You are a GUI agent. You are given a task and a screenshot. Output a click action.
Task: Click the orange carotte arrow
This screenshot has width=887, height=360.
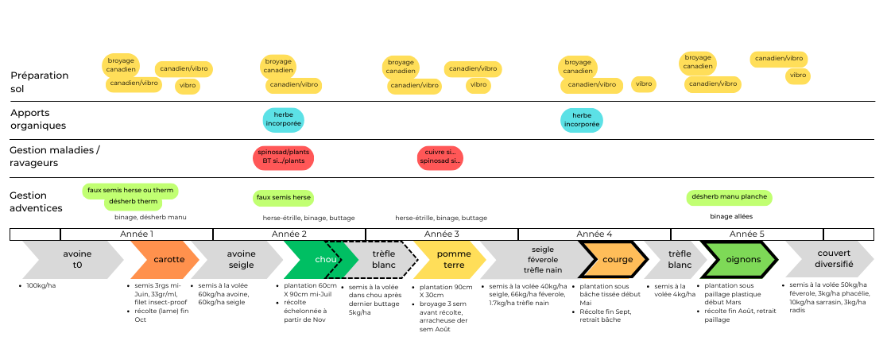click(x=165, y=260)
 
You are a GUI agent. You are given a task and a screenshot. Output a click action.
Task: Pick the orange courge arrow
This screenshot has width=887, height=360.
click(x=614, y=260)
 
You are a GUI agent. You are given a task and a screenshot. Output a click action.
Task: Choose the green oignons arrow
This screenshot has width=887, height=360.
click(x=740, y=260)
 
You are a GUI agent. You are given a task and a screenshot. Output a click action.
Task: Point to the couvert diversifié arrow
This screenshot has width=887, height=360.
click(x=831, y=260)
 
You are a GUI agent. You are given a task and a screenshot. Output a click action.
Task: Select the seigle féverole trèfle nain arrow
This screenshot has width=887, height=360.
click(x=539, y=260)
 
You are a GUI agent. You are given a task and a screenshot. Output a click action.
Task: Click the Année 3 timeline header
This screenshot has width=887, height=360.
click(x=442, y=234)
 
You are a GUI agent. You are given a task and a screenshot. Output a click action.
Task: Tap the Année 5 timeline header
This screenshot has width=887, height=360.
click(x=746, y=234)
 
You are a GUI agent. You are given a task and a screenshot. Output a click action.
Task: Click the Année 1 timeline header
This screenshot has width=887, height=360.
click(x=137, y=234)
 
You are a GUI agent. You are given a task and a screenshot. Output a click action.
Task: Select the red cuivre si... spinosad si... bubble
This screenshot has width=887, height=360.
click(x=440, y=157)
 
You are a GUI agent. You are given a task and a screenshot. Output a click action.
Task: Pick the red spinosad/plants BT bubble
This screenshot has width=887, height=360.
click(x=283, y=157)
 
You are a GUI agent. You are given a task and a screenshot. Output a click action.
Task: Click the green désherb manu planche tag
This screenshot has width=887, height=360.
click(x=729, y=197)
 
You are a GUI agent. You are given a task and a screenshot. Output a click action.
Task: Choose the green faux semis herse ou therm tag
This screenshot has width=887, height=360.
click(x=130, y=191)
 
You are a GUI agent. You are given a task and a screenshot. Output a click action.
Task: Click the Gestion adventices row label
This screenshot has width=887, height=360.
click(x=36, y=202)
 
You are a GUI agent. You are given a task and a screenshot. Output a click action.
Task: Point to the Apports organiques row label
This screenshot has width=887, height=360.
click(x=38, y=119)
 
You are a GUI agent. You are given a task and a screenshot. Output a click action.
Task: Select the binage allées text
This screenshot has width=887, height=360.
click(x=731, y=216)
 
